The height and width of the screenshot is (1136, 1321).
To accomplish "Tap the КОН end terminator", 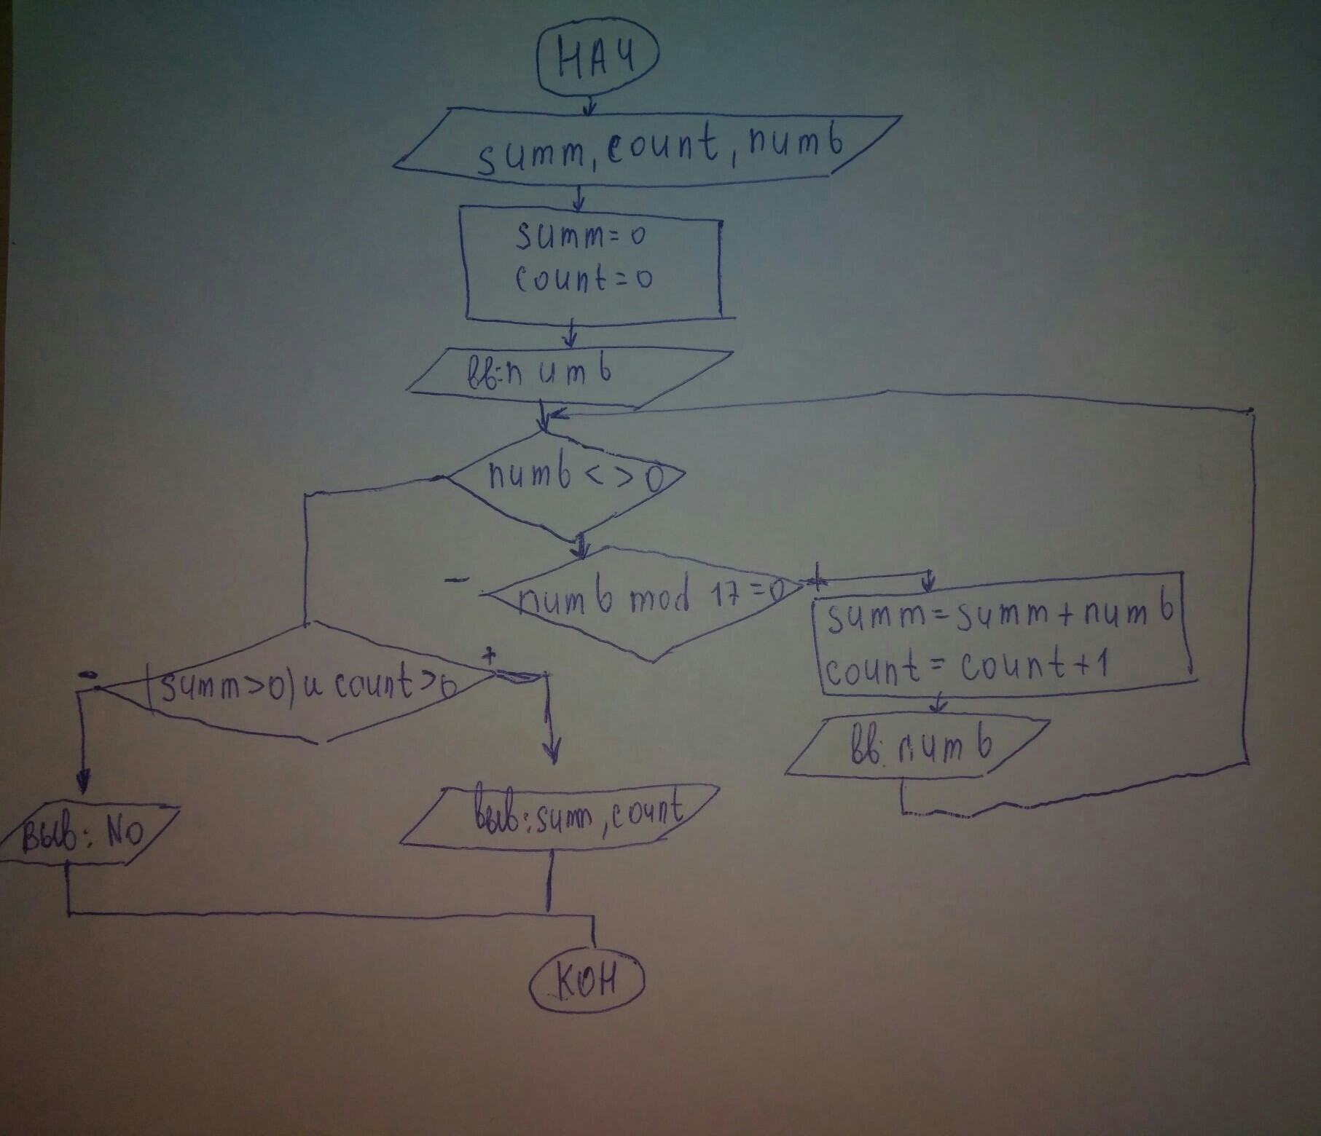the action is (588, 984).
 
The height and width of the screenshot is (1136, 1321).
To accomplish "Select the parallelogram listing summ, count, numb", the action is (647, 149).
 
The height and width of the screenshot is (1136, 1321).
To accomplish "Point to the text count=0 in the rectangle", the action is (583, 278).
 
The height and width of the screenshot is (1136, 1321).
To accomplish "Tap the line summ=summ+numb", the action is (999, 618).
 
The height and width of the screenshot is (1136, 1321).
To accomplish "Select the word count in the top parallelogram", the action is (663, 149).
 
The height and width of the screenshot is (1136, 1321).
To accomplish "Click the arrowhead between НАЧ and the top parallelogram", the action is (589, 110).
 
